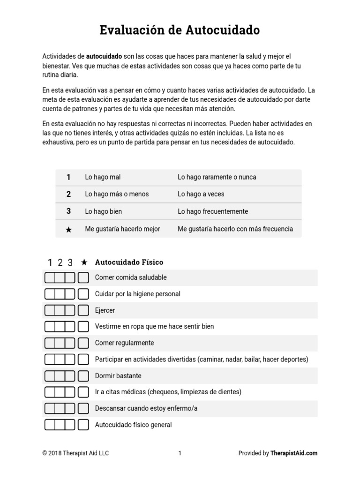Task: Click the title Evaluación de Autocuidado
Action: tap(180, 30)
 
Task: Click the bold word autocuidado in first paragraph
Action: tap(104, 56)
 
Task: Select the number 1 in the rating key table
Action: tap(68, 177)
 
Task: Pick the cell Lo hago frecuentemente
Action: tap(213, 211)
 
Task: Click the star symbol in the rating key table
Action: tap(68, 229)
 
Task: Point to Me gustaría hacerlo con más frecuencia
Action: tap(235, 229)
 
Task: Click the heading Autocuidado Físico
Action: tap(129, 262)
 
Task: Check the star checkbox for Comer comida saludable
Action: tap(83, 277)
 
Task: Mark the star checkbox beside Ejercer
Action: tap(83, 310)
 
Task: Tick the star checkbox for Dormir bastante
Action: tap(83, 376)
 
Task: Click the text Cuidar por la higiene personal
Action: tap(137, 294)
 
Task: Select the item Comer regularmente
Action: tap(124, 343)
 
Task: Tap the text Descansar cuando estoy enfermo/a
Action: tap(146, 408)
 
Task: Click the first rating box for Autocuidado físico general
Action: tap(50, 425)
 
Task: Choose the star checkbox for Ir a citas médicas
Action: tap(83, 392)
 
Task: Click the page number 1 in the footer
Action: tap(180, 453)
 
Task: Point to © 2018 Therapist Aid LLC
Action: tap(75, 453)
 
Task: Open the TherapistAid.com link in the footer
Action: tap(294, 453)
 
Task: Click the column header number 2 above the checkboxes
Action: tap(60, 263)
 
